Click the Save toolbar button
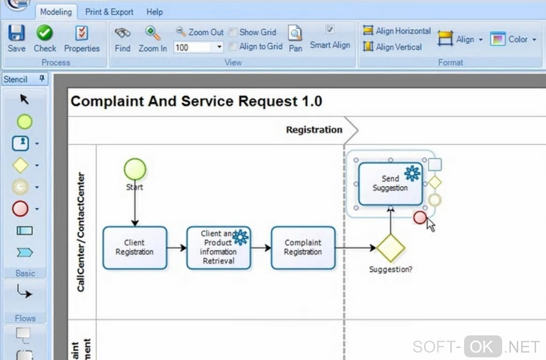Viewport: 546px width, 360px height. pyautogui.click(x=17, y=39)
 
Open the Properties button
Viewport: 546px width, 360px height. pyautogui.click(x=81, y=39)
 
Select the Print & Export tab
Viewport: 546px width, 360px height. pyautogui.click(x=109, y=11)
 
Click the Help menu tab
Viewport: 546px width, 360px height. pyautogui.click(x=155, y=11)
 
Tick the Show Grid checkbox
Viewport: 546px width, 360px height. pyautogui.click(x=233, y=32)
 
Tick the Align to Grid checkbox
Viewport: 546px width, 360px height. pyautogui.click(x=233, y=47)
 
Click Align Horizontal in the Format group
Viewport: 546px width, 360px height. pyautogui.click(x=397, y=31)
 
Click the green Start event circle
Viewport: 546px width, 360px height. pyautogui.click(x=134, y=169)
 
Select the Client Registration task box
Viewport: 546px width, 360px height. pyautogui.click(x=134, y=247)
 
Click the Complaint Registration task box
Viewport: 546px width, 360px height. pyautogui.click(x=302, y=247)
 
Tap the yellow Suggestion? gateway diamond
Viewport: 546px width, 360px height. pyautogui.click(x=390, y=248)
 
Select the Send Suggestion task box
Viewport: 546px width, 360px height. pyautogui.click(x=390, y=183)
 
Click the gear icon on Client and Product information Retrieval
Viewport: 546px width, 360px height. pyautogui.click(x=240, y=237)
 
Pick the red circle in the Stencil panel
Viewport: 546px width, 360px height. pyautogui.click(x=20, y=209)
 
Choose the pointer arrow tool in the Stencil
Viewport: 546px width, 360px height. pyautogui.click(x=25, y=99)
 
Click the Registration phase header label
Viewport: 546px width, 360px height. pyautogui.click(x=314, y=129)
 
